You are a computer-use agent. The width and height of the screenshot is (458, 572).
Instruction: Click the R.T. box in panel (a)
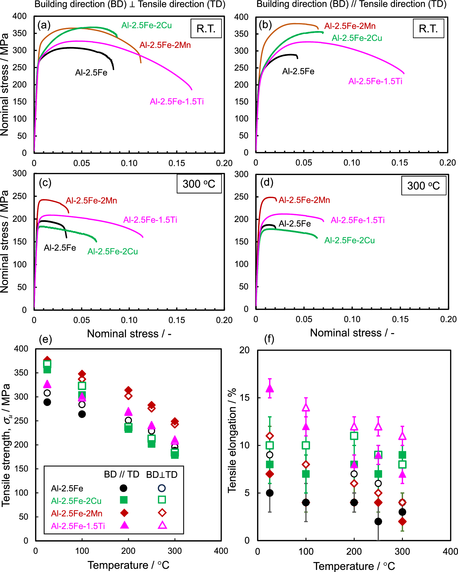(x=206, y=29)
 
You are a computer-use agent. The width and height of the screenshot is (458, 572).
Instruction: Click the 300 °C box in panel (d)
(x=423, y=186)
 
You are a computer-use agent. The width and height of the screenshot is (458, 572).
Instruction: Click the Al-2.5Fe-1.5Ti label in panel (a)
(x=177, y=102)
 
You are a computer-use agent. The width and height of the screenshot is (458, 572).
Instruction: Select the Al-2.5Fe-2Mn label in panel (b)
(x=350, y=26)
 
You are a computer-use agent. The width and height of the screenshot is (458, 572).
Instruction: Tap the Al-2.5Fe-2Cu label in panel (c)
(x=113, y=252)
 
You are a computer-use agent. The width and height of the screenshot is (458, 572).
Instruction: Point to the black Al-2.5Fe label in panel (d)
(x=294, y=224)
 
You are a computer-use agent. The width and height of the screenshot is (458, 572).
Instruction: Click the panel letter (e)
(x=45, y=339)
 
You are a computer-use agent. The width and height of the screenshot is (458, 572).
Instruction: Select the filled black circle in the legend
(x=123, y=488)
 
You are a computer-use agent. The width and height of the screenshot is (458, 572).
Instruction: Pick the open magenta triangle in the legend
(x=162, y=525)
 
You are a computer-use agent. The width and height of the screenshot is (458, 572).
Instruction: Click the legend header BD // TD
(x=121, y=474)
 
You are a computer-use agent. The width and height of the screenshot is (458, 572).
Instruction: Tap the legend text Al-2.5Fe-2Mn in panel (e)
(x=77, y=513)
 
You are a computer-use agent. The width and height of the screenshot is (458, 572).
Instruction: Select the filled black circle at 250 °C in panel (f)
(x=378, y=521)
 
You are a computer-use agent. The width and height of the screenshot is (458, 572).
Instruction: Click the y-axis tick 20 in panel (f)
(x=244, y=350)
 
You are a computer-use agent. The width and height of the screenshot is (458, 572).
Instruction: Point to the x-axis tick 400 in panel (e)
(x=221, y=551)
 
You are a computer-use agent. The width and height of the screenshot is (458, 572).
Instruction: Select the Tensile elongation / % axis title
(x=232, y=440)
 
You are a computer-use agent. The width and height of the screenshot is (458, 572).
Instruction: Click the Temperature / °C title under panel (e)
(x=128, y=565)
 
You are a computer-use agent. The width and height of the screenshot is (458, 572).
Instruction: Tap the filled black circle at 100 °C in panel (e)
(x=82, y=414)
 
